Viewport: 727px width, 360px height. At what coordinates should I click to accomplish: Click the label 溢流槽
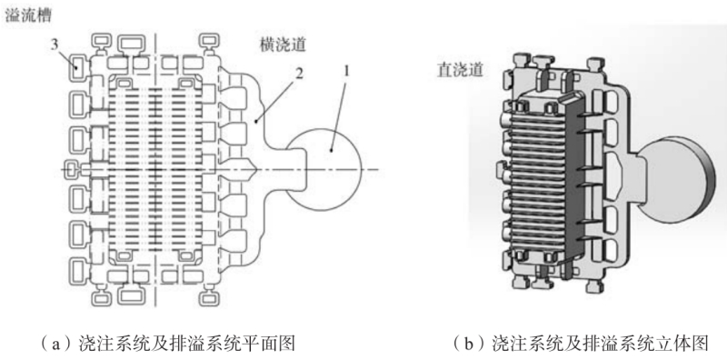28,15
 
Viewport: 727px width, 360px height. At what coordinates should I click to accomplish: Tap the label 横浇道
283,45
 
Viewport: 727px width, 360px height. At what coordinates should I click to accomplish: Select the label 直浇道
461,71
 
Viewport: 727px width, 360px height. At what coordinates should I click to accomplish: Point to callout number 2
300,73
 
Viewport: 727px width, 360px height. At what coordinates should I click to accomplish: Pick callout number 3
55,45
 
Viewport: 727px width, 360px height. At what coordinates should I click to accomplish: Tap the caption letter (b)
469,344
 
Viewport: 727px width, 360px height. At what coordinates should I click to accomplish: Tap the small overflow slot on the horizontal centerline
70,170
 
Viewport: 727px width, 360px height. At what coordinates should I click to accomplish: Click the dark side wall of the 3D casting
573,176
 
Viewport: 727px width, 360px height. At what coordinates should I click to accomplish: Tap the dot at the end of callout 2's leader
256,122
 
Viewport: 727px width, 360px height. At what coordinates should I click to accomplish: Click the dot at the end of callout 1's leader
330,150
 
